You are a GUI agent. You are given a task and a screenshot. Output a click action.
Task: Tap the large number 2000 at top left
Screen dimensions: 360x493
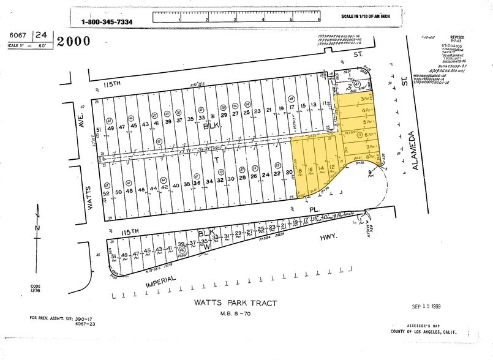click(x=73, y=42)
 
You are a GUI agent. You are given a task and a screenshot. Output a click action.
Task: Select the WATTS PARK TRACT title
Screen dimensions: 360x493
click(x=236, y=303)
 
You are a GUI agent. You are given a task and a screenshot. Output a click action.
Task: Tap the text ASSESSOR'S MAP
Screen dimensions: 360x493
click(x=434, y=325)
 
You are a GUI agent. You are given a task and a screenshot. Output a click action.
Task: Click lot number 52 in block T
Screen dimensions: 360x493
click(x=106, y=193)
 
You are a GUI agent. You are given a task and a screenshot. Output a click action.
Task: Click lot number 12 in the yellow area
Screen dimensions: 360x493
click(x=331, y=167)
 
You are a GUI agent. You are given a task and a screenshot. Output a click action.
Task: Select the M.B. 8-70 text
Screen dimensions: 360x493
click(x=236, y=314)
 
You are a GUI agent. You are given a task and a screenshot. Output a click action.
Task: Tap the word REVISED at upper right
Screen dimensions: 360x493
click(x=457, y=37)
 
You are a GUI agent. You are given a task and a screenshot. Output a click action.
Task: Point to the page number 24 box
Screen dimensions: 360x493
click(x=42, y=36)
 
